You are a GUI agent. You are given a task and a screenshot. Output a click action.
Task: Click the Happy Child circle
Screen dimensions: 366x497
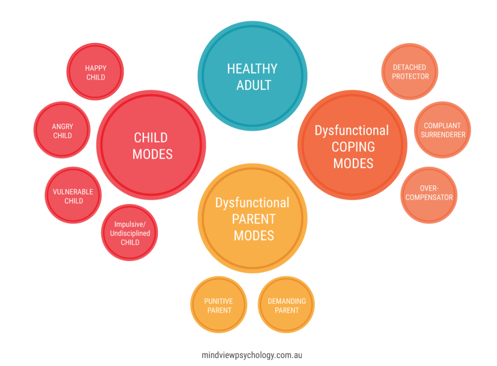click(x=95, y=72)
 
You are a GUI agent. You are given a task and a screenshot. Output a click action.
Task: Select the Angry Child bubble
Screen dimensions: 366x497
click(x=62, y=131)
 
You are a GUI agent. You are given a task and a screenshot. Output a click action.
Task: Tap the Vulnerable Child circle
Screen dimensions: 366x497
click(x=73, y=196)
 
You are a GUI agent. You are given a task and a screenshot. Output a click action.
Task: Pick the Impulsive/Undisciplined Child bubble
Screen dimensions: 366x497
click(x=130, y=233)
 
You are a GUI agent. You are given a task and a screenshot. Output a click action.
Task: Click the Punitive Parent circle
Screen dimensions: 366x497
click(x=218, y=305)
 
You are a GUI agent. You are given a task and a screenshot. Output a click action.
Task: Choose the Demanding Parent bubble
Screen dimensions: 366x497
click(x=286, y=305)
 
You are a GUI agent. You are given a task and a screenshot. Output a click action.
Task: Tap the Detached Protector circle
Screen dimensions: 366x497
click(x=410, y=72)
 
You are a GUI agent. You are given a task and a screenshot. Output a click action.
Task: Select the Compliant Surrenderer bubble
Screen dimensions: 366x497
click(x=442, y=130)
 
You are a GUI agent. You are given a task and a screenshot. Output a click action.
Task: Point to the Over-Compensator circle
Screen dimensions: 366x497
click(x=429, y=193)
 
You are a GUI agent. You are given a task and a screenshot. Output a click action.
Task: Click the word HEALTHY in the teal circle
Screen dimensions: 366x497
click(x=252, y=69)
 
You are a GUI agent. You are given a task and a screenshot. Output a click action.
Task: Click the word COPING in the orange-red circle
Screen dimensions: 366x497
click(x=353, y=147)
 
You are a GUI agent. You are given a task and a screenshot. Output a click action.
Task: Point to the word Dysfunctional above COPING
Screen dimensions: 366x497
click(x=351, y=130)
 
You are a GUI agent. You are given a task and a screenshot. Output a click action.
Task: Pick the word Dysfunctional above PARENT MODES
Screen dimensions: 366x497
click(x=252, y=203)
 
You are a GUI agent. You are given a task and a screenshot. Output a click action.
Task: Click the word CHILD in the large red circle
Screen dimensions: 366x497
click(x=151, y=138)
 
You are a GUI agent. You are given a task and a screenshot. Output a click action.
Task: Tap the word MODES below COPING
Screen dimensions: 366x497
click(x=353, y=163)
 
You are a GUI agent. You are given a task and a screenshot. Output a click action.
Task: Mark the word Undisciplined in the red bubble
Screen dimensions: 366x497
click(x=130, y=233)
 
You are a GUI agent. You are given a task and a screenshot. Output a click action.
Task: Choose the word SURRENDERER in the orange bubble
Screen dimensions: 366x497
click(x=443, y=135)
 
